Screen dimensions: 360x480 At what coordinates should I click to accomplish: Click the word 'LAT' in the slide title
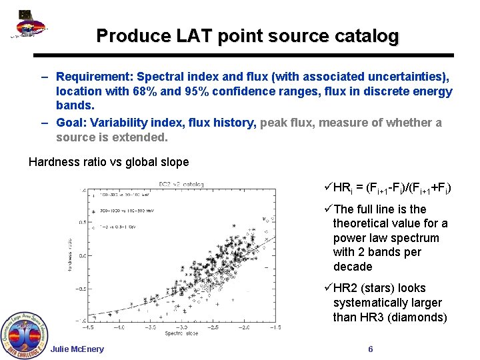coord(194,35)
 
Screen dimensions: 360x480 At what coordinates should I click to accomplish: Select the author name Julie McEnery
coord(77,349)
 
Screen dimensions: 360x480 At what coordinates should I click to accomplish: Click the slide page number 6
coord(371,349)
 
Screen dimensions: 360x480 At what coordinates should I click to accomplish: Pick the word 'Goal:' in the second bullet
coord(73,123)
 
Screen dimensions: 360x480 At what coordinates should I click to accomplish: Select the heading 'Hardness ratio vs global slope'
coord(109,162)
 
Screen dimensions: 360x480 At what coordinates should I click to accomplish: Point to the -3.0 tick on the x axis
coord(152,327)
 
